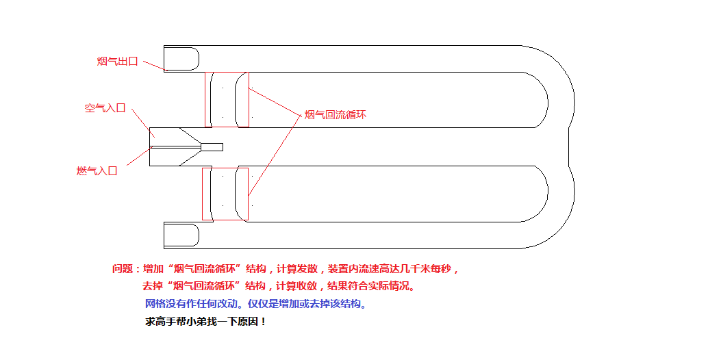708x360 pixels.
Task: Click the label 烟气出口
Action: coord(118,62)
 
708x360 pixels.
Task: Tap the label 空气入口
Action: coord(105,108)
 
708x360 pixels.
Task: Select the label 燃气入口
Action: coord(97,170)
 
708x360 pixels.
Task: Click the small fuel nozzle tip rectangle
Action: coord(212,147)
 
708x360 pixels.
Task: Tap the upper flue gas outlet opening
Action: coord(181,58)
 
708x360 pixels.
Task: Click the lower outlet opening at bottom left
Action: coord(181,235)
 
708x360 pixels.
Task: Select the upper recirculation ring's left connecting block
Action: coord(208,99)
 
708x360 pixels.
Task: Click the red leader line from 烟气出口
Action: coord(154,65)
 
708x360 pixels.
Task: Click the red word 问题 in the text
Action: coord(125,269)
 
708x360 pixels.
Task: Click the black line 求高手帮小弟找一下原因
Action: coord(206,321)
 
